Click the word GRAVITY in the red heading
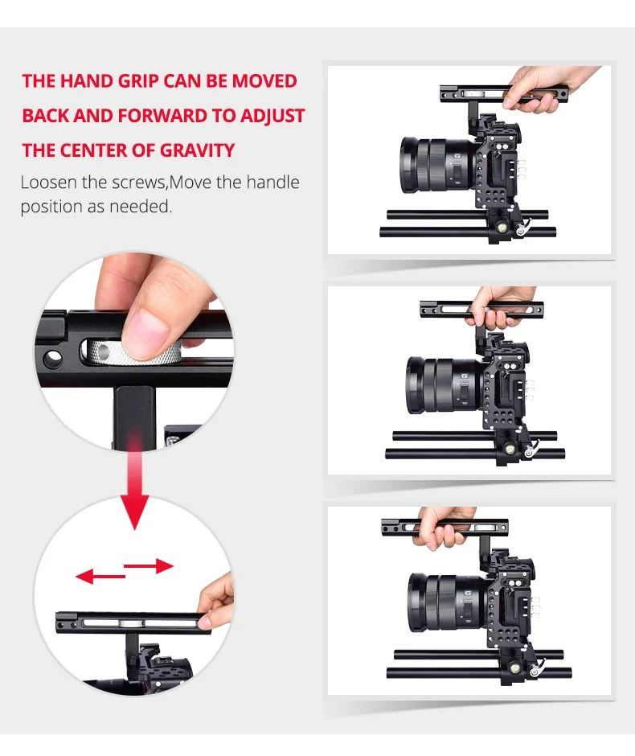197,150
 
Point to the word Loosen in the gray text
49,183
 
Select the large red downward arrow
135,482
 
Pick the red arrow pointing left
100,576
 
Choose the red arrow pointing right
149,566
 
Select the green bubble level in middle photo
509,450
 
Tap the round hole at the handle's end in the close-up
52,358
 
